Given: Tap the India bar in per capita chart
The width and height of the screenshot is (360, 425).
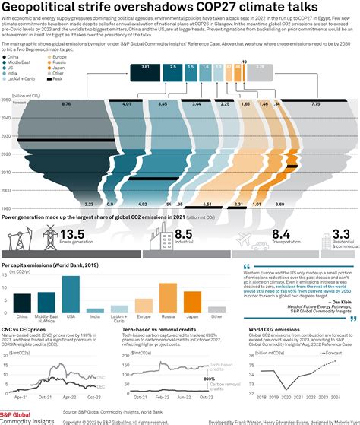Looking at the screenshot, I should [x=95, y=310].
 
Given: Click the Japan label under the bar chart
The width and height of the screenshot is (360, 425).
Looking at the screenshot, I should [x=191, y=316].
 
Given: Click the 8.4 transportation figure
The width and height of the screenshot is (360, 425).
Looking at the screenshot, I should [x=281, y=234].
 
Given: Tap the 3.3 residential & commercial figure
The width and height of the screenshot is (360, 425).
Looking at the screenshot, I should [x=341, y=234].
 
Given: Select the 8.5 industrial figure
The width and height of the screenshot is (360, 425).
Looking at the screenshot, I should [x=183, y=234].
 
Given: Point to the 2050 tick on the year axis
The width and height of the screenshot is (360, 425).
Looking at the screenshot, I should [x=6, y=99].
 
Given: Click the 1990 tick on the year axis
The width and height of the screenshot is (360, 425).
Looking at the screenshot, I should [x=6, y=208].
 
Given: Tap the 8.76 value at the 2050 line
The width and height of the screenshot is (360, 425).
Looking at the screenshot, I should [x=66, y=103].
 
